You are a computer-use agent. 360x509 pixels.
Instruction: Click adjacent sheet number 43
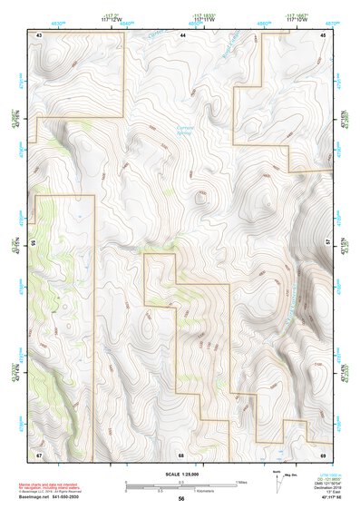point(40,34)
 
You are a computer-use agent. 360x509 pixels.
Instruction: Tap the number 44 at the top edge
point(182,34)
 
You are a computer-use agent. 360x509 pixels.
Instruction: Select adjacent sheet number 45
point(323,34)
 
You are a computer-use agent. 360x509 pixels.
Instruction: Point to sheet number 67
point(40,454)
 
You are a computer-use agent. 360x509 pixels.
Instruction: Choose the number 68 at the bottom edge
point(181,454)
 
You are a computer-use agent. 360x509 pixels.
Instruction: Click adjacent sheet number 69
point(323,454)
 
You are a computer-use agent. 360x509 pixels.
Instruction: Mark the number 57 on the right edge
point(328,243)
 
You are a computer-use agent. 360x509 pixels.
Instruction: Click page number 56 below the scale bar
point(181,499)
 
